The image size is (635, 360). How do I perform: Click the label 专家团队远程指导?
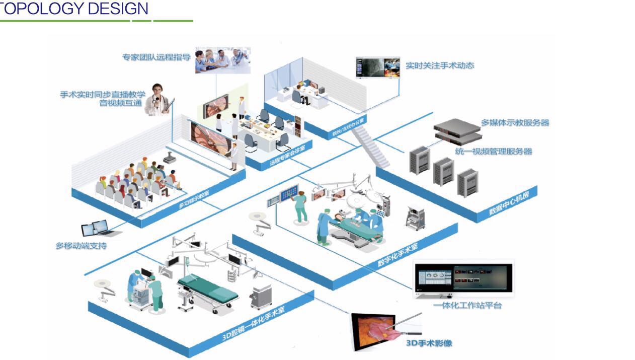[156, 57]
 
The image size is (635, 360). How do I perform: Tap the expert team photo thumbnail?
[222, 60]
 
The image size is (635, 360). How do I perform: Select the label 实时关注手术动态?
[439, 65]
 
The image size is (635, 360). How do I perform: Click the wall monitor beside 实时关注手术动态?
[377, 67]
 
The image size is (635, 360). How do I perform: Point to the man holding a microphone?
[157, 100]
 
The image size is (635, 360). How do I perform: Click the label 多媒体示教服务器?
[515, 122]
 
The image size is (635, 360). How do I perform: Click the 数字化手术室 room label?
[398, 254]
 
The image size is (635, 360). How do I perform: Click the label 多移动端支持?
[81, 246]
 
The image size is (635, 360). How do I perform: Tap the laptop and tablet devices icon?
[100, 229]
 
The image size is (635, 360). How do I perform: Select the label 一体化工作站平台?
[467, 305]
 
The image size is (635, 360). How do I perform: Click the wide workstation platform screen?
[463, 278]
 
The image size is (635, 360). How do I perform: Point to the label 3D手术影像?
[429, 343]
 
